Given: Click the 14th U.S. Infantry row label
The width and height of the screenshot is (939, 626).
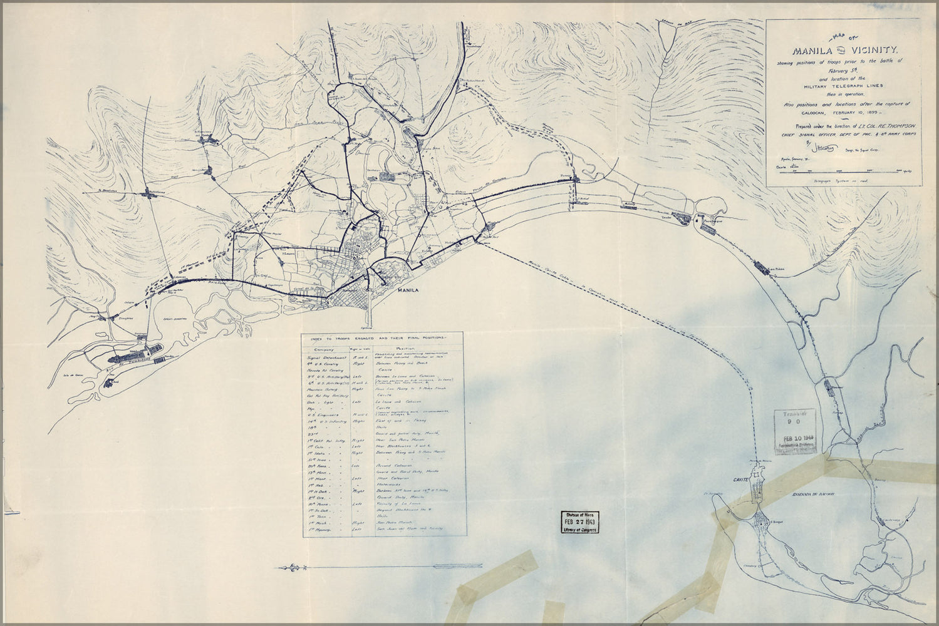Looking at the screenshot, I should (326, 421).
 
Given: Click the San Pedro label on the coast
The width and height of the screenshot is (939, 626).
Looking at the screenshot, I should (776, 265).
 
